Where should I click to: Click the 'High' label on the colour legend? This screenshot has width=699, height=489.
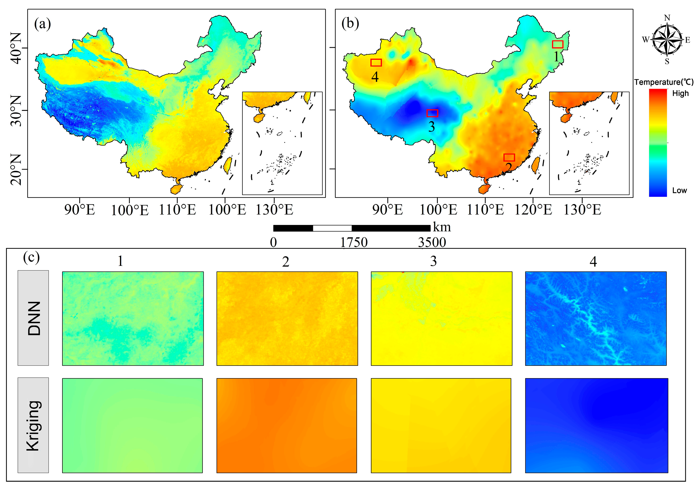(x=680, y=93)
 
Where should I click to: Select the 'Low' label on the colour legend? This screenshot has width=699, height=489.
(x=679, y=190)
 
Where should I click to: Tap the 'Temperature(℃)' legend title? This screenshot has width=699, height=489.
(x=664, y=82)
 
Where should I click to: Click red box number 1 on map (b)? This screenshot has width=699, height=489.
(x=558, y=45)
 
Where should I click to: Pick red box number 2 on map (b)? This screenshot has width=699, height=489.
(x=509, y=157)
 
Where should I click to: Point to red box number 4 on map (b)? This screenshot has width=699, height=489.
(x=376, y=62)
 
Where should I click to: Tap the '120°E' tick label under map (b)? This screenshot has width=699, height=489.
(x=533, y=210)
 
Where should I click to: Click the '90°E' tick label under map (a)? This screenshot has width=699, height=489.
(x=79, y=210)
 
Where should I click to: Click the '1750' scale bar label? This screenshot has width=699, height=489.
(x=354, y=242)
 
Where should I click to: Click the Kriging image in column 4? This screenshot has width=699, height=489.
(x=596, y=425)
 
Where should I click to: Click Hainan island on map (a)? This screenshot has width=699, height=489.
(x=176, y=189)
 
